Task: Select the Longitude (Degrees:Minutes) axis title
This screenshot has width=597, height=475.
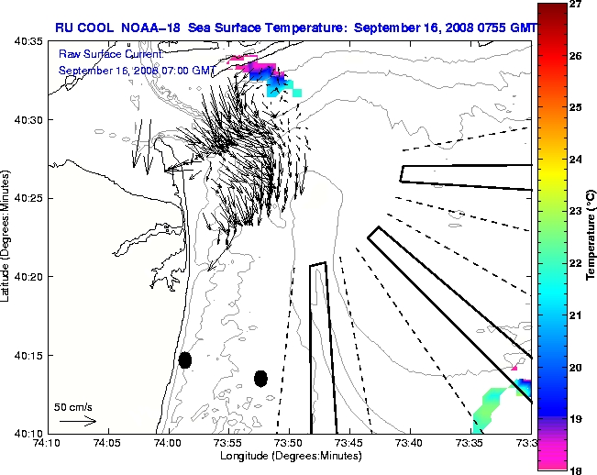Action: pos(289,456)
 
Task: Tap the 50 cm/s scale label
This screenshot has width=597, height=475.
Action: pos(72,405)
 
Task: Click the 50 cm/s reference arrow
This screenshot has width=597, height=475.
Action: pos(78,421)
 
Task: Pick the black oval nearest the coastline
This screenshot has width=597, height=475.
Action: pos(185,359)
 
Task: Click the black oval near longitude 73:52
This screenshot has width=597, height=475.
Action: pos(260,378)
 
